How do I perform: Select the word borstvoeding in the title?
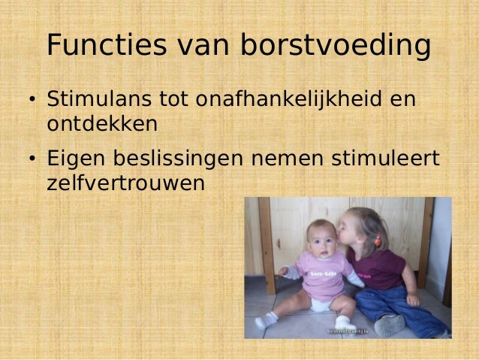pyautogui.click(x=335, y=46)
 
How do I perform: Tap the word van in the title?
pyautogui.click(x=205, y=46)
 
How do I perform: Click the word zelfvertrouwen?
pyautogui.click(x=124, y=182)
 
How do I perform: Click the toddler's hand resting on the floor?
pyautogui.click(x=412, y=299)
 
